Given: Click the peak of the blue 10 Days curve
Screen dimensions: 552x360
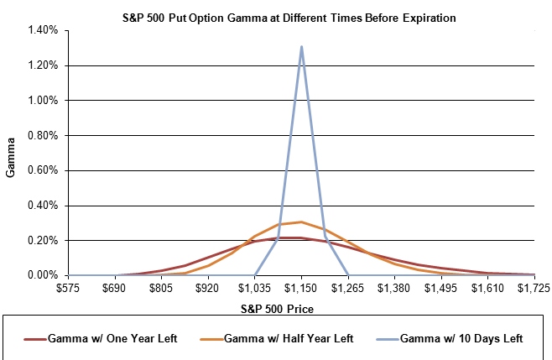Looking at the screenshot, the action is (x=301, y=46).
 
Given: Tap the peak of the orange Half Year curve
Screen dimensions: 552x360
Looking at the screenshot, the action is (x=301, y=222).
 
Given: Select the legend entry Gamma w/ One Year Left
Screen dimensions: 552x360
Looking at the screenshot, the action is (x=101, y=339).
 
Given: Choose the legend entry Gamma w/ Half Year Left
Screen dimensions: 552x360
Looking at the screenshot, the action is (x=276, y=339).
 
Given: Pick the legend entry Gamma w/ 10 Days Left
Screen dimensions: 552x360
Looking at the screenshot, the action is (x=449, y=339).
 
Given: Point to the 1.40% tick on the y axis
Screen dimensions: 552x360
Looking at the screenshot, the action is (x=43, y=30).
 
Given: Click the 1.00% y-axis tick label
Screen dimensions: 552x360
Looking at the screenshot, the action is (x=43, y=101).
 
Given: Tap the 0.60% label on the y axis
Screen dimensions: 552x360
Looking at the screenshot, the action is (x=43, y=170).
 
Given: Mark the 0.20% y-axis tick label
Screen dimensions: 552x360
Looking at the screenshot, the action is (x=43, y=241).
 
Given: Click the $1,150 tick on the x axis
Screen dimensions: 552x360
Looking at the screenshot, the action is (x=301, y=288).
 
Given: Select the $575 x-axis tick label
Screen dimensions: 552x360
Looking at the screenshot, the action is (x=68, y=288).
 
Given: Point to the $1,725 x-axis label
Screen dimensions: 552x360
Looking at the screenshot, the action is (x=534, y=288).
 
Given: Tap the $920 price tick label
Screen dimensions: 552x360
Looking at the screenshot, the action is (x=208, y=288).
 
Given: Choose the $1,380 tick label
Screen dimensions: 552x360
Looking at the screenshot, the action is (x=394, y=288).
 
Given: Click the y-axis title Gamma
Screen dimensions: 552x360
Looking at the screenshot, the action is (x=11, y=158).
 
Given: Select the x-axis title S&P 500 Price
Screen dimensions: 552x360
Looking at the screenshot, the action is (x=277, y=310).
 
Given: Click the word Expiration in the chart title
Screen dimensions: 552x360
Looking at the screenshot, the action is (x=430, y=18).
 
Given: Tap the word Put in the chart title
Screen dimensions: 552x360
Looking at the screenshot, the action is (x=178, y=18).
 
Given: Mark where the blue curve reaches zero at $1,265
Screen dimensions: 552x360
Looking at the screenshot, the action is (x=348, y=275).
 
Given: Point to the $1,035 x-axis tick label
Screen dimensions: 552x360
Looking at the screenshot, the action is (x=254, y=288).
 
